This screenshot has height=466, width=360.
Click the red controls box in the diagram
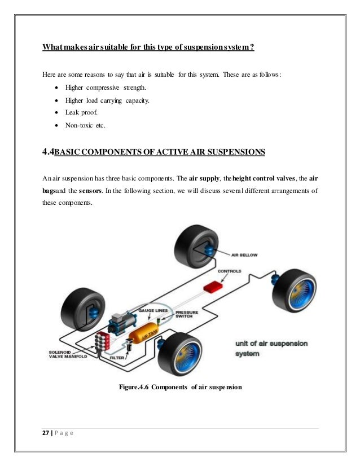(212, 285)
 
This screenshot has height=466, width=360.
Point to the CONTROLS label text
(229, 271)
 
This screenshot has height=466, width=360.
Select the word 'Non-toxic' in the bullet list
(77, 124)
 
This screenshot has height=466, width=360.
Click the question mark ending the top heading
(252, 46)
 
